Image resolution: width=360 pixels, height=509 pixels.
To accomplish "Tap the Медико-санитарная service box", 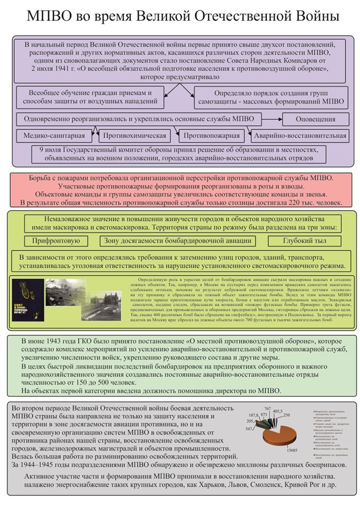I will [x=54, y=135].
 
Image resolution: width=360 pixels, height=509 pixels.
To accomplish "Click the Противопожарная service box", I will [x=212, y=135].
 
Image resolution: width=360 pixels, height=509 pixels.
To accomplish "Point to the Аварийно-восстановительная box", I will [x=299, y=135].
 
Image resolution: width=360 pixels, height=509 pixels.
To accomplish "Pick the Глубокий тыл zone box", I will [x=305, y=241].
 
